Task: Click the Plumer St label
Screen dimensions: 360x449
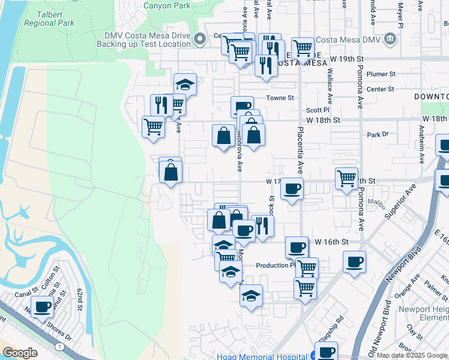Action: click(x=381, y=74)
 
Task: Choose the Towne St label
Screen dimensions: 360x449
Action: click(x=280, y=97)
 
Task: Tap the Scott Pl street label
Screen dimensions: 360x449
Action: click(x=318, y=110)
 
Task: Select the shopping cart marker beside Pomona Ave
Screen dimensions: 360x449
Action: click(x=347, y=178)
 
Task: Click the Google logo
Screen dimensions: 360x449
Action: click(x=19, y=353)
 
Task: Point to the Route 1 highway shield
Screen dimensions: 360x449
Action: click(x=59, y=346)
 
